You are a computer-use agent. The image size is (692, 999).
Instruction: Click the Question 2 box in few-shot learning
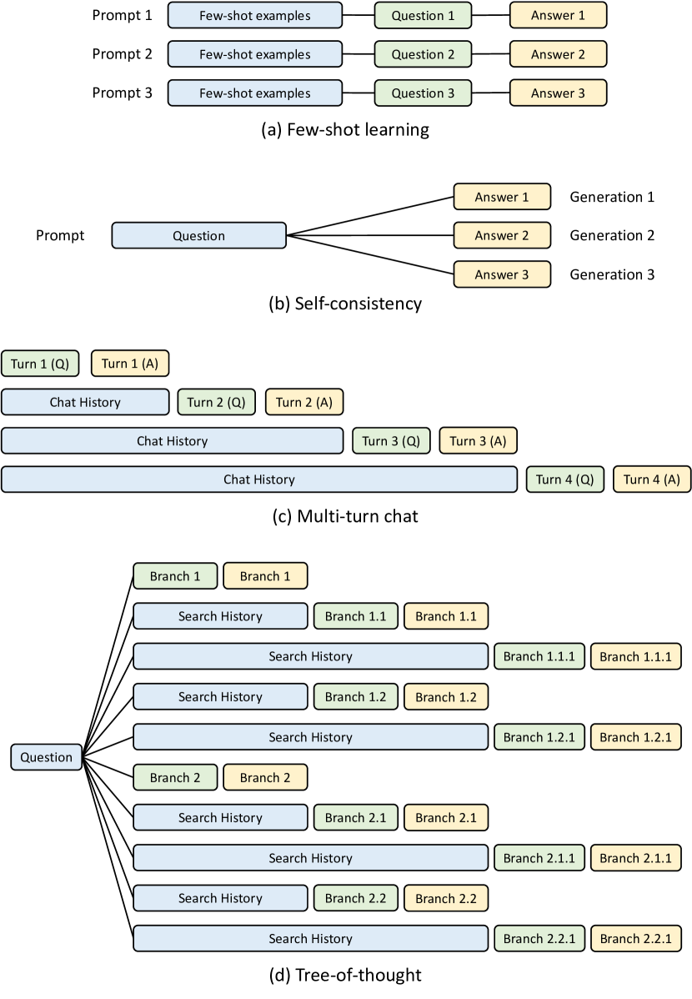click(x=423, y=55)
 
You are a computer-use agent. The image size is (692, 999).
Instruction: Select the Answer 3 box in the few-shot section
click(x=558, y=93)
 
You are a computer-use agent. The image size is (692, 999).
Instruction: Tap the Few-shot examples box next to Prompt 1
click(x=254, y=16)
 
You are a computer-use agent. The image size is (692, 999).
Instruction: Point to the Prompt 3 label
click(x=123, y=93)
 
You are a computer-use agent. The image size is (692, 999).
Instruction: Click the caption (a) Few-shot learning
click(x=345, y=130)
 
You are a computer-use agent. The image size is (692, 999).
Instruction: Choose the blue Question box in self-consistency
click(x=198, y=236)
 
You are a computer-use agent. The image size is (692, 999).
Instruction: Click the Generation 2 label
click(x=612, y=236)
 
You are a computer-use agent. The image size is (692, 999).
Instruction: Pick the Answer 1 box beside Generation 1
click(x=502, y=198)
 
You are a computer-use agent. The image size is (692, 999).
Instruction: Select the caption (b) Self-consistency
click(x=345, y=304)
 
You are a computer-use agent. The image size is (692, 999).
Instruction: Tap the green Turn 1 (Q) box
click(x=40, y=363)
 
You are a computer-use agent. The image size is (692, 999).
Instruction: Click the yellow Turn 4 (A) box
click(x=652, y=479)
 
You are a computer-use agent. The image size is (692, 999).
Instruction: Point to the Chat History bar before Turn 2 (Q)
click(x=85, y=402)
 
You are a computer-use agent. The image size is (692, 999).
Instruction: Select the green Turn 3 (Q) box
click(x=391, y=441)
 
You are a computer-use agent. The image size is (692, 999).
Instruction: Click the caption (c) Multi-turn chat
click(x=345, y=517)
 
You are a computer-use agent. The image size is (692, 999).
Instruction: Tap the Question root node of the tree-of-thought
click(x=47, y=757)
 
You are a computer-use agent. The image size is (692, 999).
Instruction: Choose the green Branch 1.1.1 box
click(x=539, y=656)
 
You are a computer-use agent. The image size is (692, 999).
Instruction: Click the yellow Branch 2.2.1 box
click(x=636, y=939)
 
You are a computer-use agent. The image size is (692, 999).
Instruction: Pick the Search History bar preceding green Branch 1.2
click(x=220, y=697)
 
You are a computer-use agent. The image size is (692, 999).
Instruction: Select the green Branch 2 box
click(x=175, y=778)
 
